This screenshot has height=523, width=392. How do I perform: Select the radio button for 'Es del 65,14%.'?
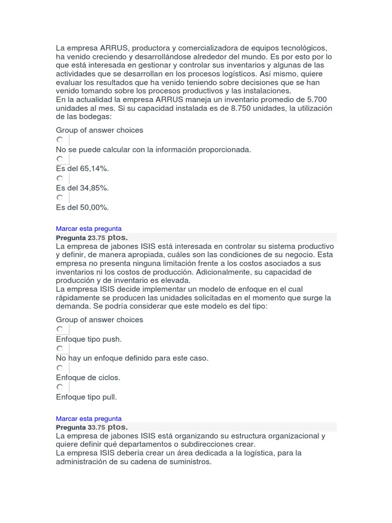tap(60, 159)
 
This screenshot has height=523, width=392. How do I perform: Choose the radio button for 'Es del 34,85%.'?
tap(60, 178)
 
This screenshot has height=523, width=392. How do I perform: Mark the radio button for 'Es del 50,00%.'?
tap(60, 197)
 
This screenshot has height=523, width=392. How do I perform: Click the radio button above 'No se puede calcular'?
tap(60, 139)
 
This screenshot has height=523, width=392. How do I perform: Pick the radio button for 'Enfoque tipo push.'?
tap(60, 329)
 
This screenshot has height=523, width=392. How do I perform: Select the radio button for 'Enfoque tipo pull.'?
tap(60, 387)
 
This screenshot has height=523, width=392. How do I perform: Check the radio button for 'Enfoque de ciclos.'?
tap(60, 368)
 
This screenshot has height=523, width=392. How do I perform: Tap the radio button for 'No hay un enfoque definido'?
tap(60, 349)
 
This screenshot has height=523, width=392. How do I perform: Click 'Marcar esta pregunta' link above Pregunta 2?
tap(89, 229)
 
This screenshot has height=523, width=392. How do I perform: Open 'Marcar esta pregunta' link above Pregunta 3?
tap(89, 418)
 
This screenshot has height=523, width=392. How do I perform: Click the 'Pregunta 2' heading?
tap(73, 238)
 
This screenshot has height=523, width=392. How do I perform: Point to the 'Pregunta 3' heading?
tap(73, 427)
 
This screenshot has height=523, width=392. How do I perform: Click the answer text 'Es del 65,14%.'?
tap(83, 169)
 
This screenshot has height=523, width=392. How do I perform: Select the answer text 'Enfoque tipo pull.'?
tap(86, 397)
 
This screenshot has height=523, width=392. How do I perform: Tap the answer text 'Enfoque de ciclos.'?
tap(88, 377)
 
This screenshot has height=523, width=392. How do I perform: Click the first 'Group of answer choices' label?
tap(100, 130)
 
